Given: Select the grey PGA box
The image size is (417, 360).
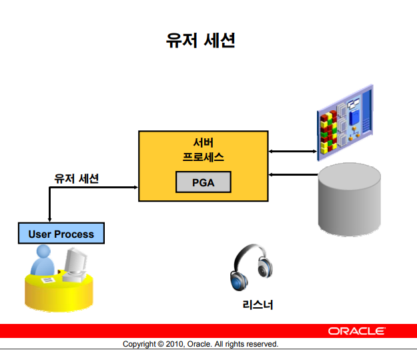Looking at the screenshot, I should point(203,182).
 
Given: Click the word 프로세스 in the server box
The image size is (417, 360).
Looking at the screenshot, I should point(203,158).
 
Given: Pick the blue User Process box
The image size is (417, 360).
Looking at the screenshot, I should point(61,234).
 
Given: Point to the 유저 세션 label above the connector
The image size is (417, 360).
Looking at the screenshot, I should point(77,179).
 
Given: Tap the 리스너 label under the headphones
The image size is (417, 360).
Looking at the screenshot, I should point(258,305).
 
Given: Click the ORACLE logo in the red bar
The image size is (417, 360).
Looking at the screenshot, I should point(356,331).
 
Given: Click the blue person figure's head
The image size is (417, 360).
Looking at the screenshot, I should point(43,253).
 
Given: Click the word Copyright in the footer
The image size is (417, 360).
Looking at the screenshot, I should point(139,345).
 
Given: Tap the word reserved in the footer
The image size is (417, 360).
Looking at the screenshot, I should point(261,345).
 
